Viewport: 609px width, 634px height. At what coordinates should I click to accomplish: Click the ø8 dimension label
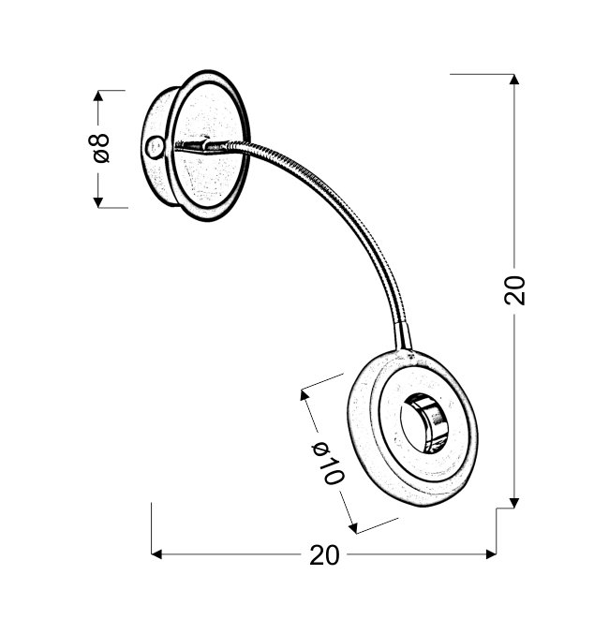coord(98,148)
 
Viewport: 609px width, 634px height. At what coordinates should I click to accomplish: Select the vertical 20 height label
coord(514,290)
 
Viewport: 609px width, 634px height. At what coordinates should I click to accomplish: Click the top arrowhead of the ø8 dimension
coord(97,96)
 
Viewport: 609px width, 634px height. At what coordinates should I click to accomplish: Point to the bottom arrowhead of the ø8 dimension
coord(97,202)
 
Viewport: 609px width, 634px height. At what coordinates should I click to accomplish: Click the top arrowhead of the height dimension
coord(514,80)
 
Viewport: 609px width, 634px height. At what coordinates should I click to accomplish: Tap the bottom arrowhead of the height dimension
coord(514,503)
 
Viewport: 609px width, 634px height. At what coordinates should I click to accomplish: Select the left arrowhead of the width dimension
coord(156,554)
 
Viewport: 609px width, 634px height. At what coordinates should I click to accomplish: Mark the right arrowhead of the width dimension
coord(490,554)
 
